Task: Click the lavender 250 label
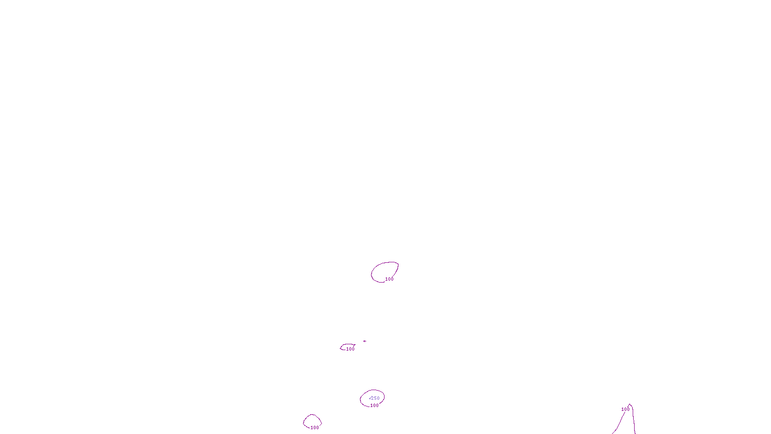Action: [375, 398]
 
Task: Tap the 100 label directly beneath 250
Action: [374, 406]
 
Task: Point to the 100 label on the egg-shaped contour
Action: [389, 279]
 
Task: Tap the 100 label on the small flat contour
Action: [350, 349]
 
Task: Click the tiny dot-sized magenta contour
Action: [365, 341]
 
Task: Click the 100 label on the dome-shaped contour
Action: [315, 428]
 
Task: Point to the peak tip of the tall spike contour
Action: [630, 405]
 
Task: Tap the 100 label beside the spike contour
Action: [625, 409]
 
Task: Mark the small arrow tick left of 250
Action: [370, 398]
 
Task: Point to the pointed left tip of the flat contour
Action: [341, 348]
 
